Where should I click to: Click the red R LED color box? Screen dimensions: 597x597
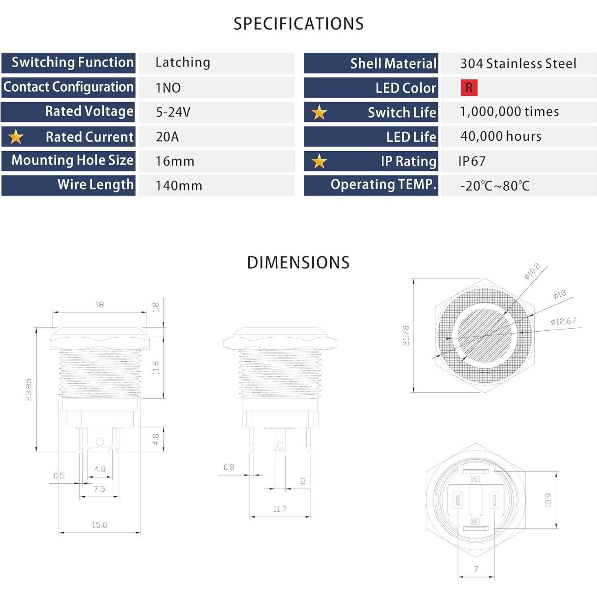(469, 88)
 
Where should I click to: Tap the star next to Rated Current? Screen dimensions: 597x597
(16, 137)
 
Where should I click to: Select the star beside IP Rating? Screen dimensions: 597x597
(319, 161)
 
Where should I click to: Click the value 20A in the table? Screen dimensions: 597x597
(167, 137)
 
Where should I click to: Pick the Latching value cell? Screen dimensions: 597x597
(183, 62)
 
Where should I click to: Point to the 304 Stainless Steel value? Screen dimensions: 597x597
(518, 64)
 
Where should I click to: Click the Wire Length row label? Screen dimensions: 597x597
(95, 185)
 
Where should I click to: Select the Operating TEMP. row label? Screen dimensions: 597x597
(383, 185)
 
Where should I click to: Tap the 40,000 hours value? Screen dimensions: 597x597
(501, 136)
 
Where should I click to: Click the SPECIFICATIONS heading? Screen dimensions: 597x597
(298, 24)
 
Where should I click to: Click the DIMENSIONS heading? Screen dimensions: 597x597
(298, 263)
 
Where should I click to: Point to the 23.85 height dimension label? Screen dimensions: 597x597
(29, 389)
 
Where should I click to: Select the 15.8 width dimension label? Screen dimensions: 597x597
(99, 525)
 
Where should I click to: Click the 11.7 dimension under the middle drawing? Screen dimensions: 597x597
(280, 509)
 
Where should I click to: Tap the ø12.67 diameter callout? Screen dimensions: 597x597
(563, 321)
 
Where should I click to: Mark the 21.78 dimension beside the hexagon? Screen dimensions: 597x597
(405, 335)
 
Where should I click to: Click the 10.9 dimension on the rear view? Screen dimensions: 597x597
(548, 500)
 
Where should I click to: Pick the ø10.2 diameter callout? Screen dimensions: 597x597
(532, 272)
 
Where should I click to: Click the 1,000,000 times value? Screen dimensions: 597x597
(509, 112)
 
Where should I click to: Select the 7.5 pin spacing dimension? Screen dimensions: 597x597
(99, 489)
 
